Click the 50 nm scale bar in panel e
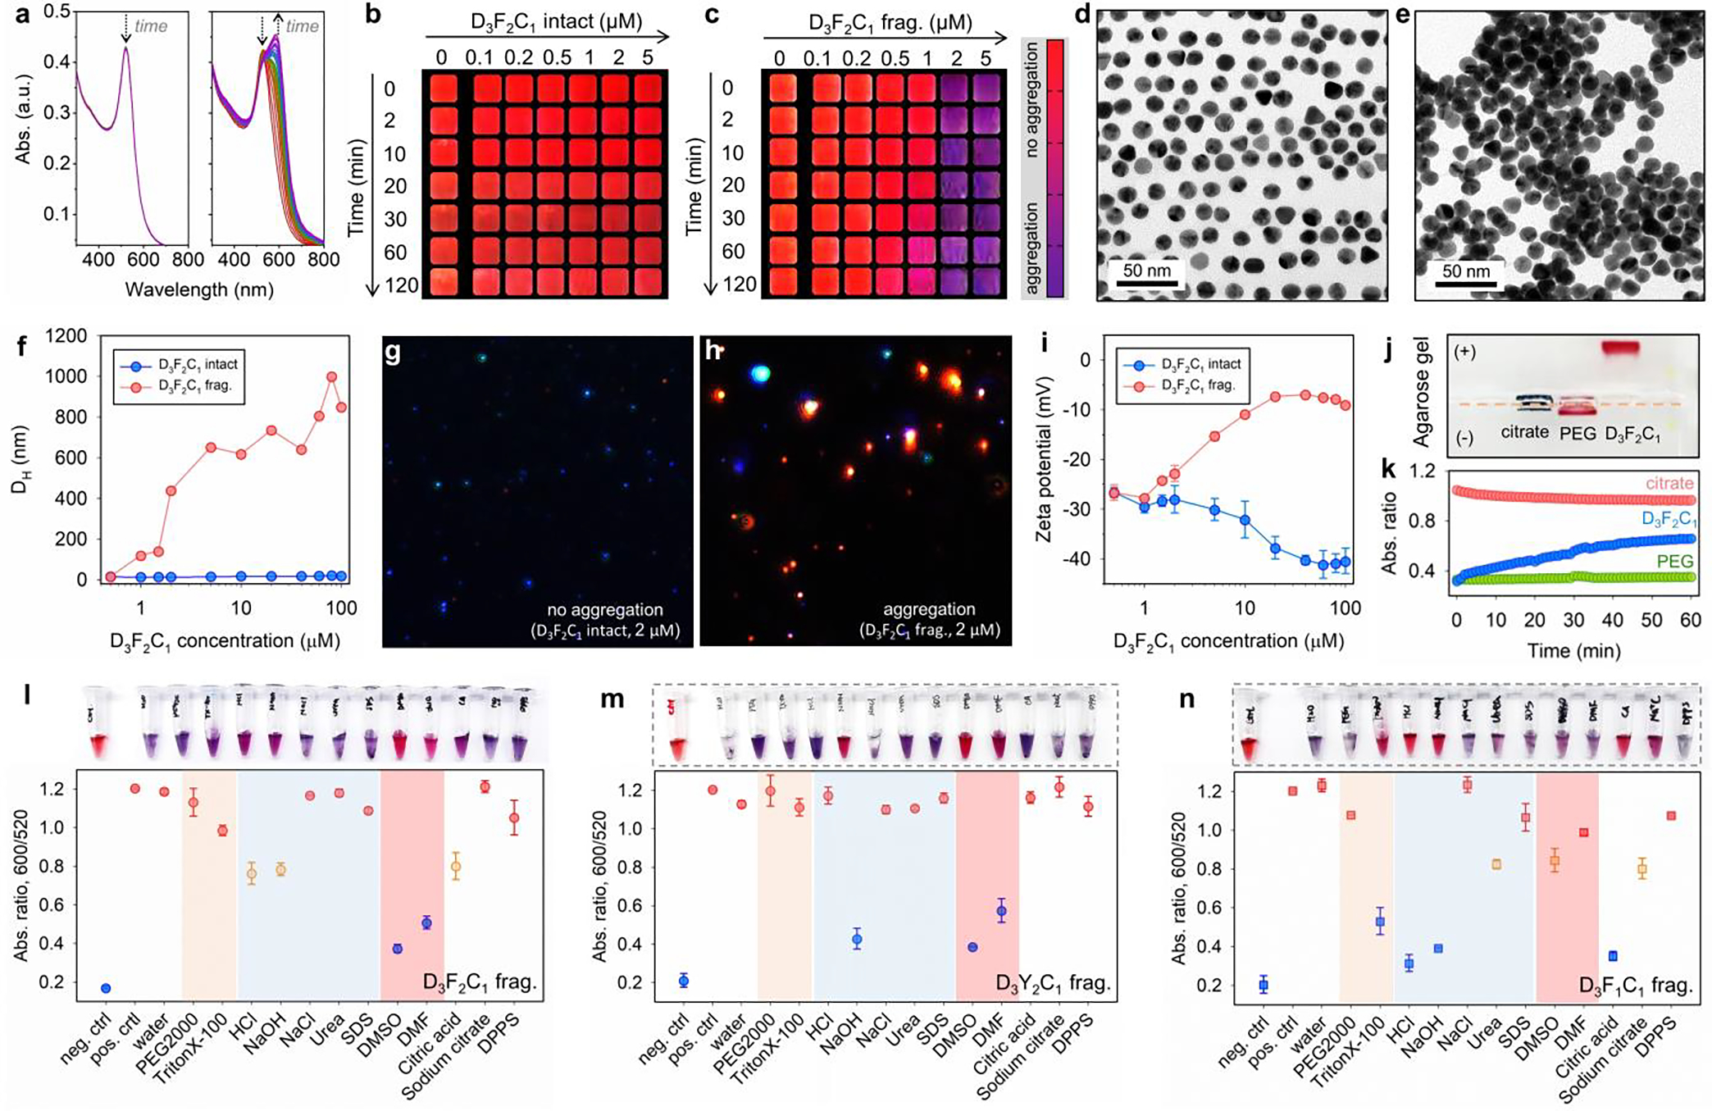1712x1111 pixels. (1465, 284)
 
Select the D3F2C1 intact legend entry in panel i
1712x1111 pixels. (1200, 364)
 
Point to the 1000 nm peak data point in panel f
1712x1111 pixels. (332, 377)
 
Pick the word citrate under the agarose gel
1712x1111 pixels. (1524, 432)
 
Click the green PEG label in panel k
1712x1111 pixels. (1674, 562)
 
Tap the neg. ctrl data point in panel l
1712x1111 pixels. (106, 988)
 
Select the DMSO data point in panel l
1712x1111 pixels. (398, 949)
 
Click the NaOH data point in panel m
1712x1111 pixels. (857, 940)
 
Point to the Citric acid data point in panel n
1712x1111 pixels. (1613, 956)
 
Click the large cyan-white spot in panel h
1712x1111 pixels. (761, 374)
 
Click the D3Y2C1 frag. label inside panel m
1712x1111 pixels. (1053, 982)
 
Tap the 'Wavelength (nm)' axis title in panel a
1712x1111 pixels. (199, 289)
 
